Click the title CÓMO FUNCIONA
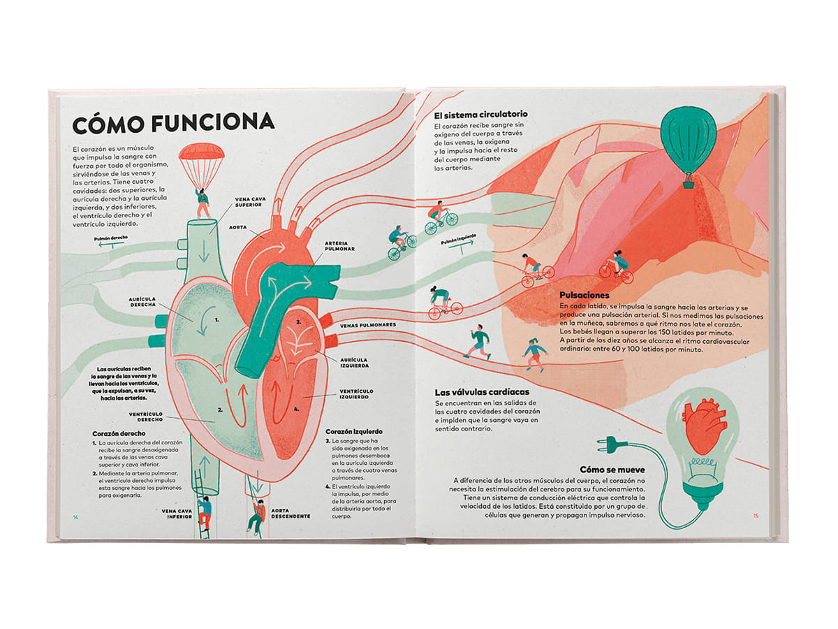tap(173, 124)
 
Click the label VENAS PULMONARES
tap(368, 325)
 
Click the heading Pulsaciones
tap(585, 296)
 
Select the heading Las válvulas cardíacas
tap(481, 392)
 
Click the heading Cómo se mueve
tap(612, 469)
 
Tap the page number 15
tap(756, 516)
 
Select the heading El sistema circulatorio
tap(480, 114)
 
